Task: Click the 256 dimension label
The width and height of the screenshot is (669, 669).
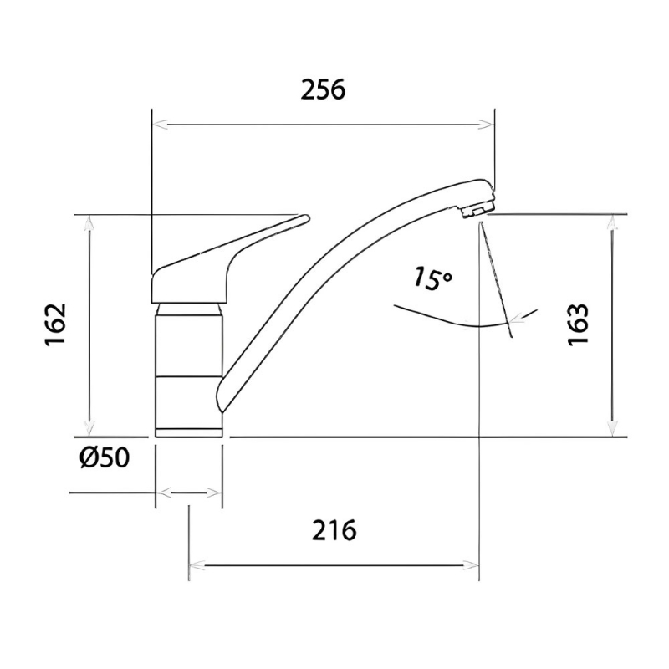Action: [x=323, y=90]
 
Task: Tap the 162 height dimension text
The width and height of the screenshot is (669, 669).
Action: [x=56, y=324]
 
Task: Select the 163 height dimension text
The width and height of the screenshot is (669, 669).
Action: [x=578, y=324]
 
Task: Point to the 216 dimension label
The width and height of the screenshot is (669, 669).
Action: [x=334, y=530]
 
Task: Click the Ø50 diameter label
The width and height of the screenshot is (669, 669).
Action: [x=105, y=458]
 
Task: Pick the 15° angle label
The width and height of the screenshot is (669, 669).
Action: [x=432, y=278]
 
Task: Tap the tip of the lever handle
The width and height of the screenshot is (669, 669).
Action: [x=306, y=217]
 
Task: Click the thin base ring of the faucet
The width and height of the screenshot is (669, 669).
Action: [x=189, y=432]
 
